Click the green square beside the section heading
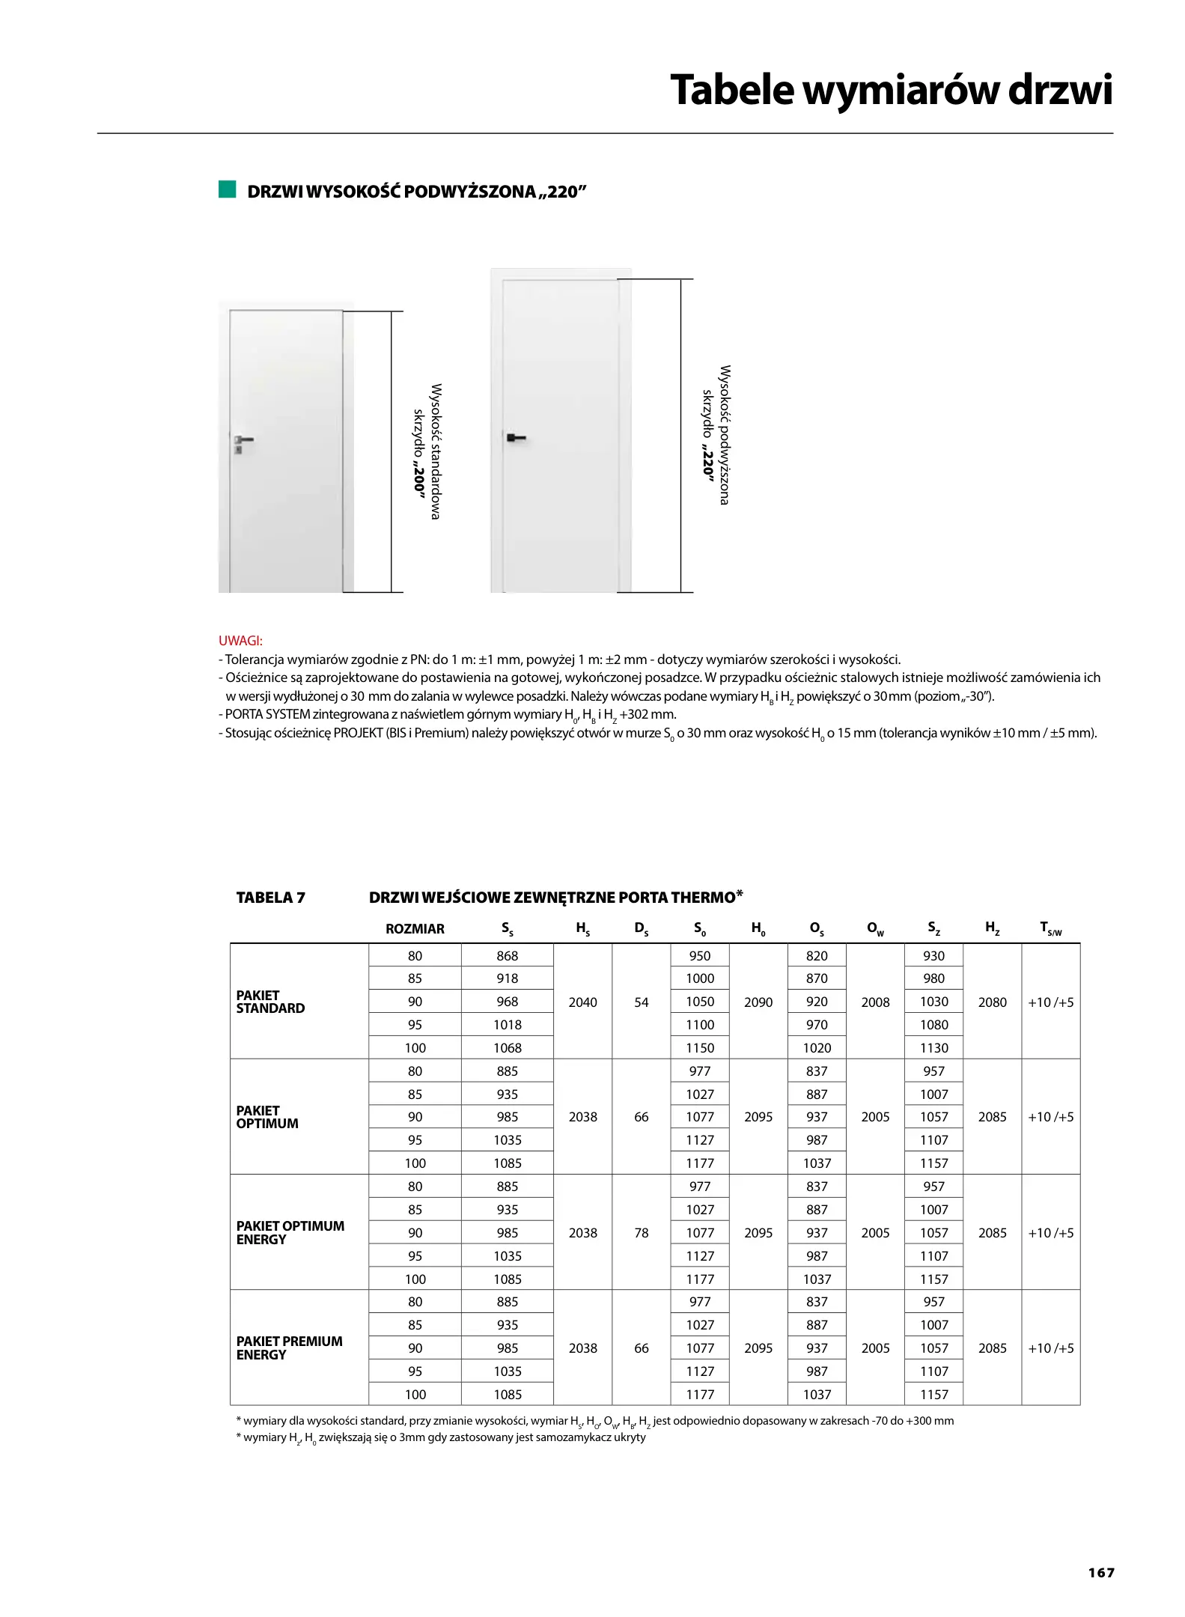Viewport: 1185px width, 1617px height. [227, 189]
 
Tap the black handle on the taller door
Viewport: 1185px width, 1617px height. [516, 437]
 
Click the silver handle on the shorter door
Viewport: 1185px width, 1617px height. [243, 441]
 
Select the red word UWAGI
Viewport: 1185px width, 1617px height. [240, 641]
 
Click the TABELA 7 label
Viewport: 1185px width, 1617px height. [270, 898]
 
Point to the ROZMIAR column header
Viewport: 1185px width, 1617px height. [415, 929]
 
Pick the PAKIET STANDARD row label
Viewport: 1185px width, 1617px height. [270, 1002]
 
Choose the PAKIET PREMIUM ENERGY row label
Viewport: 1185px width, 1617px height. [289, 1347]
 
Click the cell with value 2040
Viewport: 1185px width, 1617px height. [582, 1002]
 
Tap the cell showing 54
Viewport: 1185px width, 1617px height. [641, 1002]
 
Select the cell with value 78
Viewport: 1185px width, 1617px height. [641, 1233]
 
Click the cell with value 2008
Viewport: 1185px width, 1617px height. [875, 1002]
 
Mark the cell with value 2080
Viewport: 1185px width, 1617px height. [992, 1002]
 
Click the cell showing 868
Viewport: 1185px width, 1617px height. [507, 956]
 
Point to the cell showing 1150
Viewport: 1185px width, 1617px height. [700, 1048]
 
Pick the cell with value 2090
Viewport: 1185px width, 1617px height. [758, 1002]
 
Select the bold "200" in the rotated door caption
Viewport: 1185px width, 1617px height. [418, 480]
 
